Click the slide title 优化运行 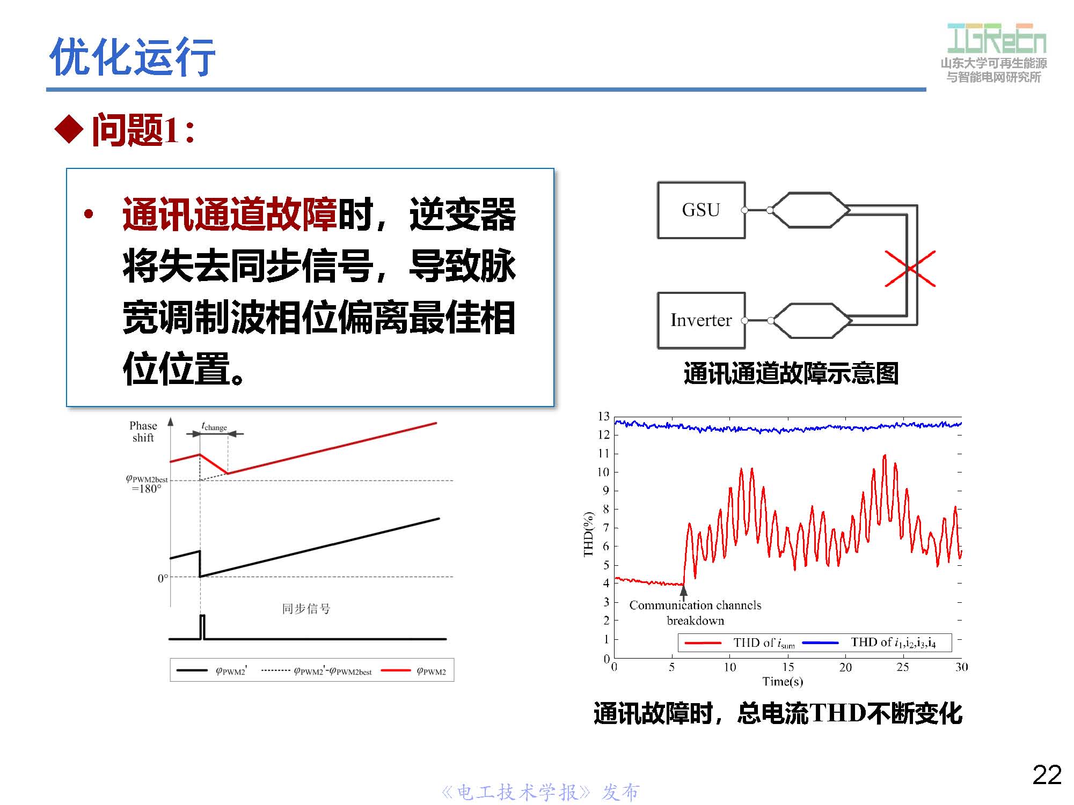point(132,57)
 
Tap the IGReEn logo point(996,39)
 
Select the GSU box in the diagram point(701,210)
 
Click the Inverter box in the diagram point(701,321)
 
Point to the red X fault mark point(910,268)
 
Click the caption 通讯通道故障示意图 point(791,373)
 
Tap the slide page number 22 point(1047,775)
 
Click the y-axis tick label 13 point(604,417)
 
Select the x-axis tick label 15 point(788,667)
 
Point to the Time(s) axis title point(783,682)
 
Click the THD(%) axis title point(589,534)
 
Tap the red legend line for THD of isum point(703,642)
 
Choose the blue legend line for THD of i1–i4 point(820,642)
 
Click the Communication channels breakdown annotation point(695,613)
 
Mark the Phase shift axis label point(143,432)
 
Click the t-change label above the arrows point(214,427)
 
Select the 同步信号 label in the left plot point(306,609)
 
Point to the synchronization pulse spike point(202,626)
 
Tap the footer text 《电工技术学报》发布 point(540,792)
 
